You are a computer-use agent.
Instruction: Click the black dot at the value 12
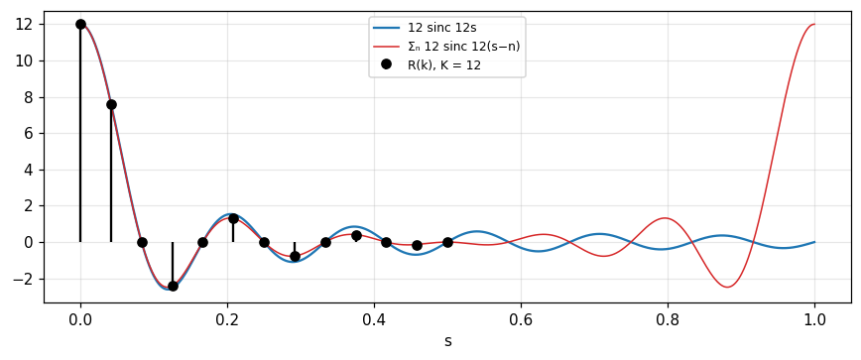pyautogui.click(x=80, y=24)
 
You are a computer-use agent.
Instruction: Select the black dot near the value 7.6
pyautogui.click(x=111, y=104)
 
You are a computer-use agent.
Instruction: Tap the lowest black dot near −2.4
pyautogui.click(x=173, y=286)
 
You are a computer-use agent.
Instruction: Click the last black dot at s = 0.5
pyautogui.click(x=447, y=242)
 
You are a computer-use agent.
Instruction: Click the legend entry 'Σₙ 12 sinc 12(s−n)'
pyautogui.click(x=446, y=46)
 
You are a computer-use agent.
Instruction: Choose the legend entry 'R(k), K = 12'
pyautogui.click(x=433, y=65)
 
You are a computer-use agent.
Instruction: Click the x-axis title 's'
pyautogui.click(x=447, y=341)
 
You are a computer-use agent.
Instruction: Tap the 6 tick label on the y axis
pyautogui.click(x=34, y=133)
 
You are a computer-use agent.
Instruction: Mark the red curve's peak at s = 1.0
pyautogui.click(x=814, y=24)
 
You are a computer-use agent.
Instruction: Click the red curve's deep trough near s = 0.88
pyautogui.click(x=727, y=287)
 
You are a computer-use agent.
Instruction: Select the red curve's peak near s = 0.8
pyautogui.click(x=665, y=218)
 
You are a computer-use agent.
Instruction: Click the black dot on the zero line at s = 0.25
pyautogui.click(x=264, y=242)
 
